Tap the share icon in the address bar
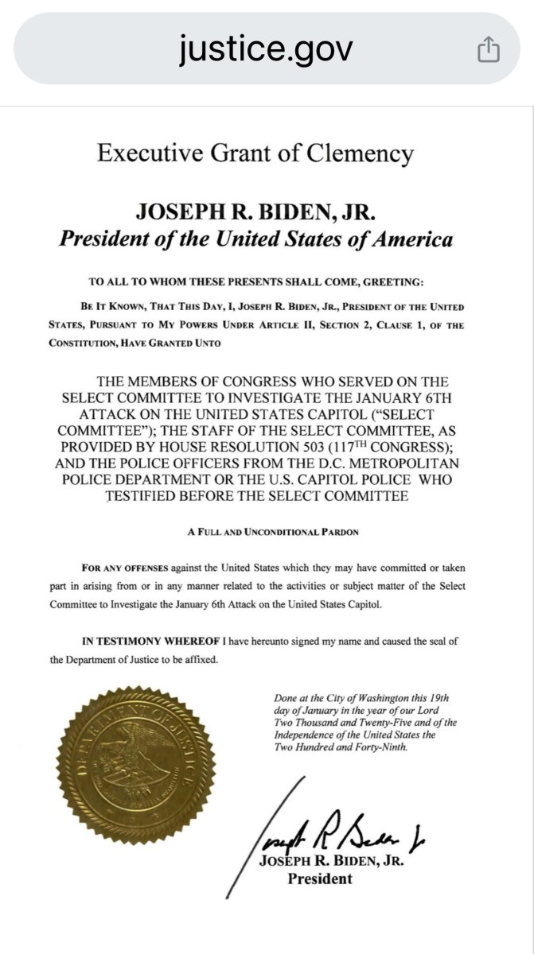pyautogui.click(x=488, y=51)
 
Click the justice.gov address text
pyautogui.click(x=266, y=49)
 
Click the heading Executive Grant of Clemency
pyautogui.click(x=255, y=153)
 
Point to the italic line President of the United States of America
pyautogui.click(x=255, y=239)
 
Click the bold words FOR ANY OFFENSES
pyautogui.click(x=117, y=568)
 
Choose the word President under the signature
pyautogui.click(x=319, y=879)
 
